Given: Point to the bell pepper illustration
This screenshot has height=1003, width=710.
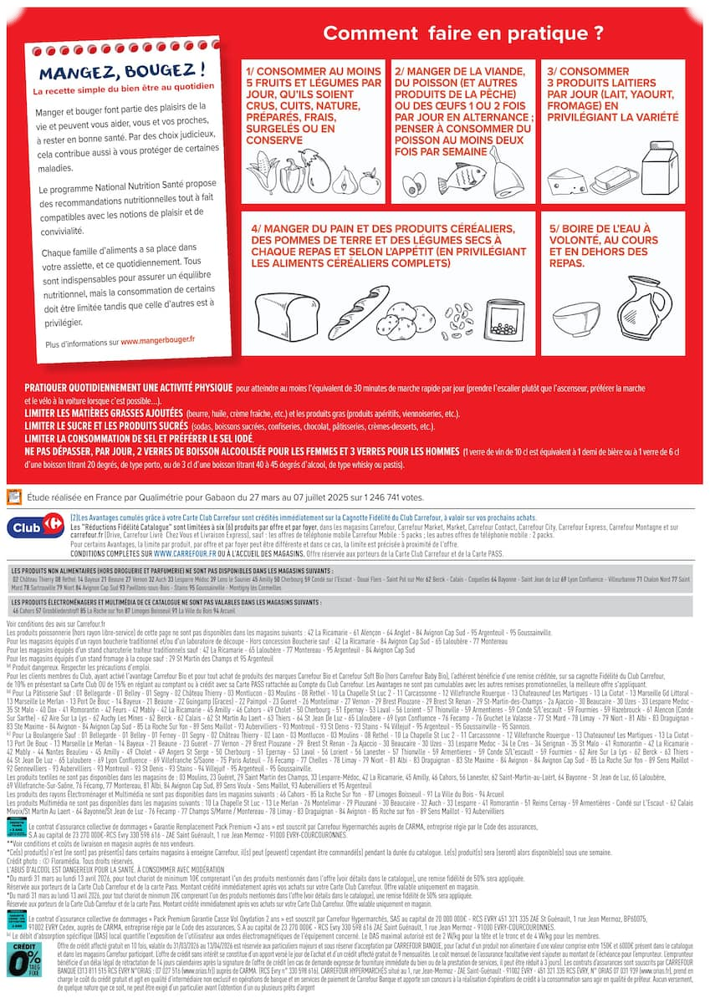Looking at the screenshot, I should pos(293,176).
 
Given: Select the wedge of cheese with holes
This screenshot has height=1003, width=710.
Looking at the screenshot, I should pos(567,181).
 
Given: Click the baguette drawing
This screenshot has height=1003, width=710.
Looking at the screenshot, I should pos(346,311).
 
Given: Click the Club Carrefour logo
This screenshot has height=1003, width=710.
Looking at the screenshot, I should pos(35,527).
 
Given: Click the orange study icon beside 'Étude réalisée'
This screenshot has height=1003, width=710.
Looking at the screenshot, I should pos(14,496).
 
